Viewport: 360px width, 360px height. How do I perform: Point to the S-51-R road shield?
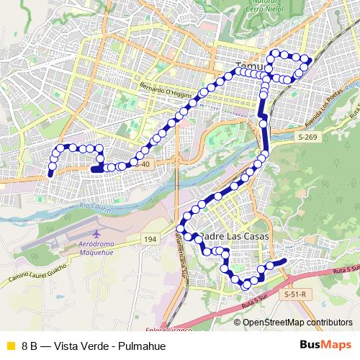coord(295,294)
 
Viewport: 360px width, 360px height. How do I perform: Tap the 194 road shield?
coord(150,239)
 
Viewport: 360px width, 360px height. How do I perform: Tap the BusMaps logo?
coord(325,345)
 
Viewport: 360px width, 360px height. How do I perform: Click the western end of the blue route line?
coord(50,174)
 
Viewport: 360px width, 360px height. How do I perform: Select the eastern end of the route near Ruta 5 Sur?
coord(285,261)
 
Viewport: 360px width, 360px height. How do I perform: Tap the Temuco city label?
coord(245,65)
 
